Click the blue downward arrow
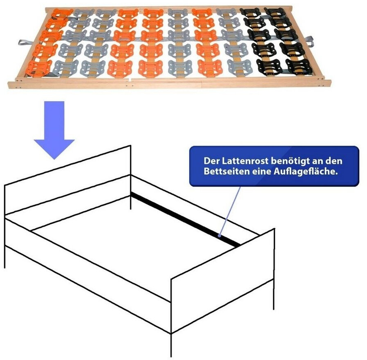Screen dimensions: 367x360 point(54,130)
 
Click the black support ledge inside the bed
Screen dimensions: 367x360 point(186,219)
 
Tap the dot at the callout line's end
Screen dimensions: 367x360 point(219,236)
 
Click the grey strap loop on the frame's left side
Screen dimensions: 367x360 point(26,43)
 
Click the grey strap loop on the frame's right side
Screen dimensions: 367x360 point(309,41)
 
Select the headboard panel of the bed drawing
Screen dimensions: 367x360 point(67,180)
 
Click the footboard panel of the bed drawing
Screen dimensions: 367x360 point(223,281)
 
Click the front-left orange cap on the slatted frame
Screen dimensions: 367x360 point(39,69)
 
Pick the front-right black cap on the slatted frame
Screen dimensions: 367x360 point(300,67)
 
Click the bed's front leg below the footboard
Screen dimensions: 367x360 point(171,345)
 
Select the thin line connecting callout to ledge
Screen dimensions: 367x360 point(230,211)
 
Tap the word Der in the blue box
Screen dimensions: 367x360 point(212,161)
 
